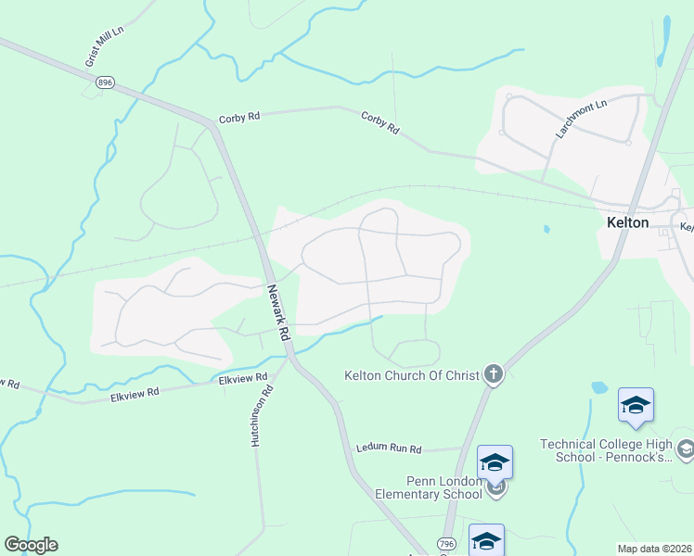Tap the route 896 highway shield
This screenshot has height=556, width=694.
tap(101, 82)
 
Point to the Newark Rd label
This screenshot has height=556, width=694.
tap(277, 310)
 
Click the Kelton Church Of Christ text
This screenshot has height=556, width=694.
tap(411, 375)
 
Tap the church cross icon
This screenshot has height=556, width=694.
tap(494, 374)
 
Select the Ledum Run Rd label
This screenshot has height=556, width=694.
tap(389, 449)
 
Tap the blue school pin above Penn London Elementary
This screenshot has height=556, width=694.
tap(495, 461)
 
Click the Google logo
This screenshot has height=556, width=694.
tap(31, 545)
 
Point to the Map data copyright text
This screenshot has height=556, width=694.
tap(654, 549)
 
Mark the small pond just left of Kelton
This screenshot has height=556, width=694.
tap(546, 229)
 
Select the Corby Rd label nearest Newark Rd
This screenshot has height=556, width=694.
tap(239, 118)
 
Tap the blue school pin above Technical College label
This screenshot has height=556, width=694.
tap(636, 405)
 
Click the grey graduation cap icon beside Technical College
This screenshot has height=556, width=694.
tap(686, 450)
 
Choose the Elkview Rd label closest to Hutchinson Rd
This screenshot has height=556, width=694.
tap(242, 378)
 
